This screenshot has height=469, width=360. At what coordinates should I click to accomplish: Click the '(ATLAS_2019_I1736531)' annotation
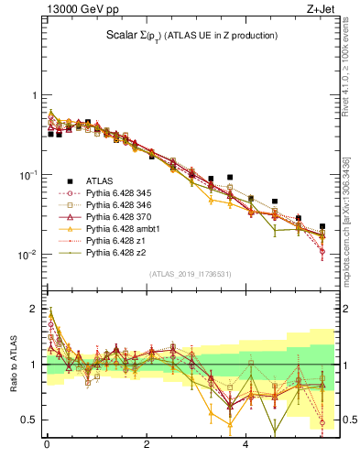(x=191, y=273)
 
